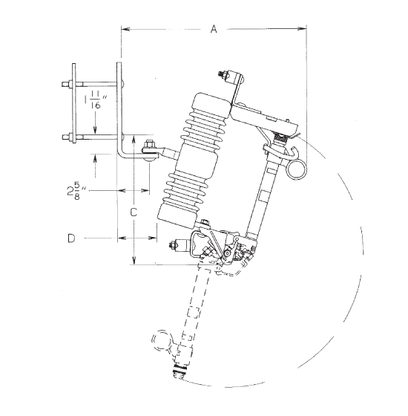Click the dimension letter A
[214, 29]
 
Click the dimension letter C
[134, 212]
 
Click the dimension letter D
[71, 238]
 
